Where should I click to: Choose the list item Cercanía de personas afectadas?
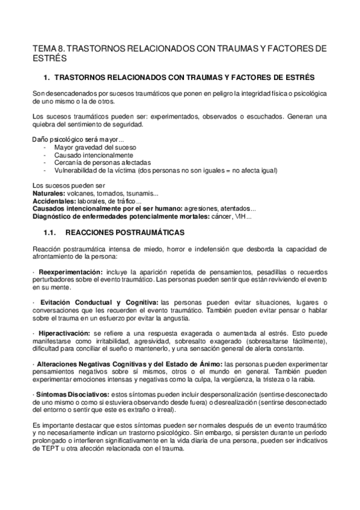click(x=102, y=163)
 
